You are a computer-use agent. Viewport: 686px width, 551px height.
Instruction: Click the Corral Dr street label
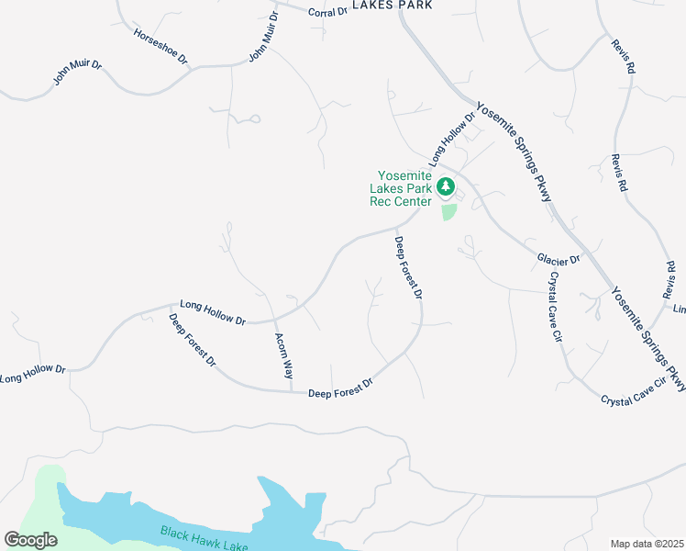click(x=328, y=12)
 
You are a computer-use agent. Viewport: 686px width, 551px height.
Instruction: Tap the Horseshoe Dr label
click(x=160, y=46)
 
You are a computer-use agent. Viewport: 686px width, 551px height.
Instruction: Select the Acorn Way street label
click(x=283, y=356)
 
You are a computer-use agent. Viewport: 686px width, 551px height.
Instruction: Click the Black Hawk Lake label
click(x=205, y=539)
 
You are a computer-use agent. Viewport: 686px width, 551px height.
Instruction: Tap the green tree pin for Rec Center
click(x=446, y=187)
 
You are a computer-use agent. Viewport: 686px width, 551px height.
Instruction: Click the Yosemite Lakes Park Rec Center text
click(x=400, y=189)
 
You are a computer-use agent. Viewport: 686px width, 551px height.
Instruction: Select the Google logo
click(x=30, y=540)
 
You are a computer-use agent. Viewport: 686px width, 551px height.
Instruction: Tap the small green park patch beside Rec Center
click(x=448, y=212)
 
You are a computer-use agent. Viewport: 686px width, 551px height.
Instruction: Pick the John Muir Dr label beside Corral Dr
click(x=263, y=38)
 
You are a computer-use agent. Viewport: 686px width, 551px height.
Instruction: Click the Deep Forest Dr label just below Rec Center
click(x=408, y=267)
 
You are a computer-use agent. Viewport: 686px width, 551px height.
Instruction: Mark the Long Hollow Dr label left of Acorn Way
click(x=213, y=313)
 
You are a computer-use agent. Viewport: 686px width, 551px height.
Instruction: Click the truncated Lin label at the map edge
click(x=680, y=309)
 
